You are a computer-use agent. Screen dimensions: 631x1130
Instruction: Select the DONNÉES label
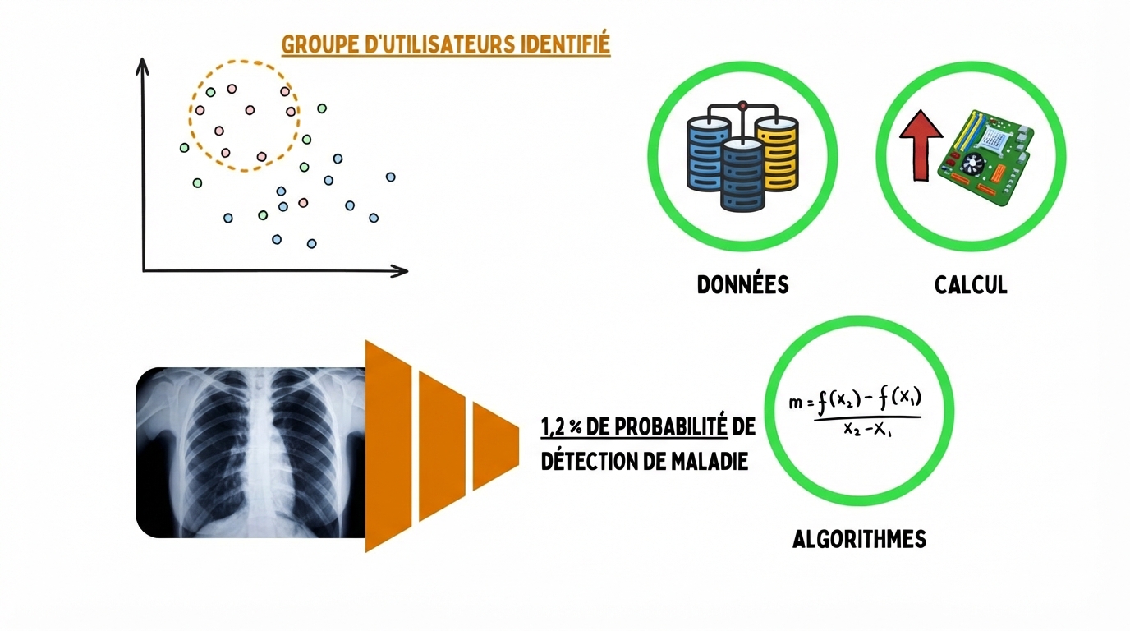[x=742, y=285]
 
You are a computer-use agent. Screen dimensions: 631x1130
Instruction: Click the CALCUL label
[x=971, y=285]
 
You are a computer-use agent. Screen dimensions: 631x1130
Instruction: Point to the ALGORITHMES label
[x=859, y=539]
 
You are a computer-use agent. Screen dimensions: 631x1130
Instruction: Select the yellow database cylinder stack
[x=776, y=152]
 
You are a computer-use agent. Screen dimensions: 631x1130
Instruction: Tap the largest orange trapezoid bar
[x=388, y=445]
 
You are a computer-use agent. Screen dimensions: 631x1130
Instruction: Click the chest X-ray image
[x=250, y=452]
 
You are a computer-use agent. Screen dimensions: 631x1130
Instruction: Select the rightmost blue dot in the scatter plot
[x=390, y=177]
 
